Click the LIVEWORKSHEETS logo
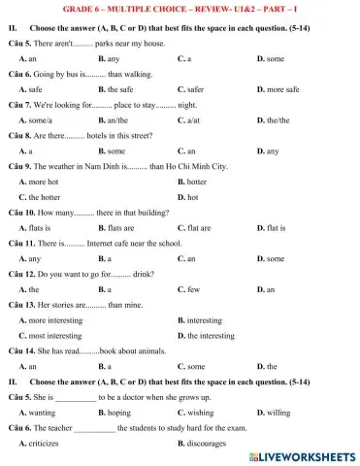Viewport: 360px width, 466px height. coord(303,455)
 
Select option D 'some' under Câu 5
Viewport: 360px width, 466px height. coord(271,59)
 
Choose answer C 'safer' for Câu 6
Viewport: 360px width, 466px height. coord(192,88)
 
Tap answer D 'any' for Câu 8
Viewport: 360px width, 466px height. coord(268,151)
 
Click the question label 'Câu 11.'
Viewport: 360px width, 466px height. coord(20,243)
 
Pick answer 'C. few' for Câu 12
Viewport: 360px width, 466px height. coord(189,289)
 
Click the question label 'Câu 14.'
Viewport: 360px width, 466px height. coord(20,350)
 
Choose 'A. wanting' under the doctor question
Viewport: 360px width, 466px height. coord(37,413)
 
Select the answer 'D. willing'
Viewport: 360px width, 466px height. coord(273,413)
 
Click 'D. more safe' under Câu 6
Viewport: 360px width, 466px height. coord(278,88)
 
